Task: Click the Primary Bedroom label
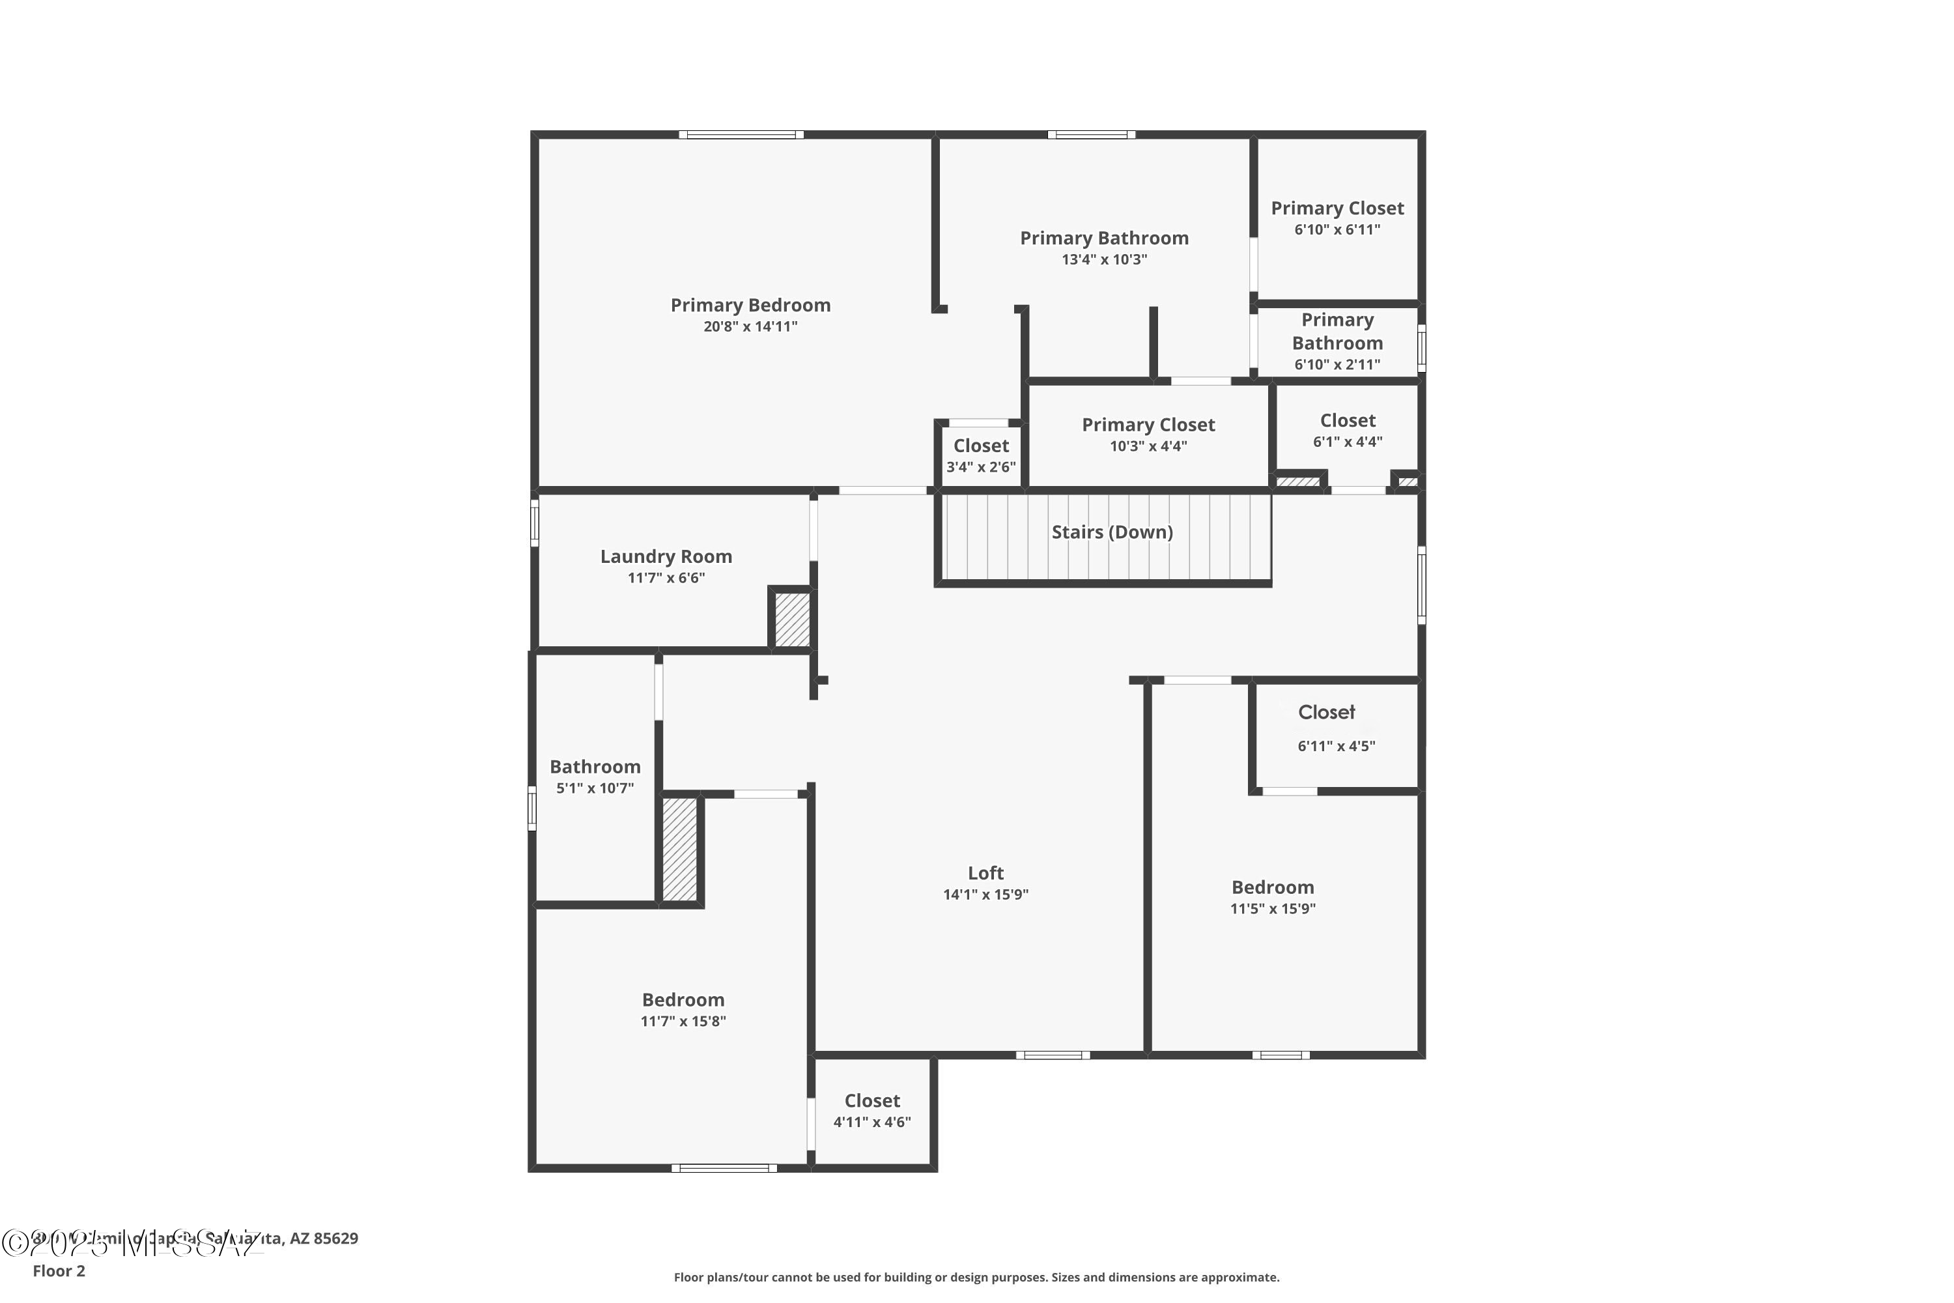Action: (x=750, y=305)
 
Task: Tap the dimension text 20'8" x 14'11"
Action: (x=750, y=326)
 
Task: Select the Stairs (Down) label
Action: (x=1112, y=532)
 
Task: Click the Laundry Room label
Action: (x=666, y=557)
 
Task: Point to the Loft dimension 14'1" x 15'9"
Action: (x=985, y=894)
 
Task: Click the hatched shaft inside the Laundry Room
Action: (x=792, y=618)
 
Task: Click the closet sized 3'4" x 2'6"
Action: (x=980, y=455)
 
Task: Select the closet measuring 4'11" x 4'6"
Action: (x=871, y=1110)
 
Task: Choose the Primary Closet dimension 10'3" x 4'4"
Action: (x=1148, y=446)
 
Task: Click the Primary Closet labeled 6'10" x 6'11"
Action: (x=1337, y=218)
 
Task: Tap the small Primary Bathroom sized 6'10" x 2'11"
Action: (x=1337, y=341)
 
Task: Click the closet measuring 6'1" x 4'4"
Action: (x=1347, y=431)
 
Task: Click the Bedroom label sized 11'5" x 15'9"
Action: (x=1272, y=887)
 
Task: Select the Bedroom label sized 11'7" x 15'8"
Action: (x=683, y=999)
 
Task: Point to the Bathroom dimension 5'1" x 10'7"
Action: (x=595, y=788)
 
